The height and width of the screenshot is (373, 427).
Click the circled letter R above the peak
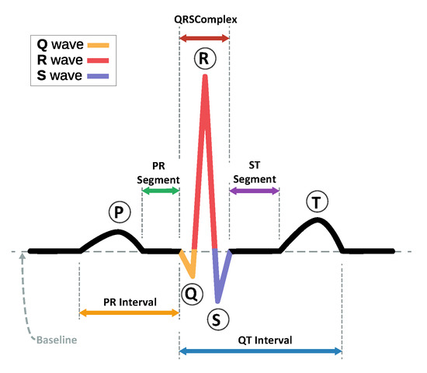(x=205, y=57)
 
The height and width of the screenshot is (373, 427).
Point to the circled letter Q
(x=191, y=293)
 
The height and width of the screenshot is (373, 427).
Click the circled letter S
(x=217, y=318)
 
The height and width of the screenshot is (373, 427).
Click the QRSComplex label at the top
(x=204, y=16)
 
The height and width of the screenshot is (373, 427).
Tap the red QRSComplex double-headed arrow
(x=204, y=37)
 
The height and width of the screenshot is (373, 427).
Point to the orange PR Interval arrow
(x=130, y=313)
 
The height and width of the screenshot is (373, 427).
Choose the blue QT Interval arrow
(x=260, y=351)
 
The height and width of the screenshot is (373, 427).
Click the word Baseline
(x=59, y=340)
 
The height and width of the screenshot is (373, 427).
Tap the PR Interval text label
(x=130, y=301)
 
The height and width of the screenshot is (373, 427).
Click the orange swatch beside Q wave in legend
(x=100, y=45)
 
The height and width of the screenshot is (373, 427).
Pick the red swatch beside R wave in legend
(x=100, y=60)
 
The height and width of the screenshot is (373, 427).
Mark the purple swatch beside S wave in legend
(x=100, y=75)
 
